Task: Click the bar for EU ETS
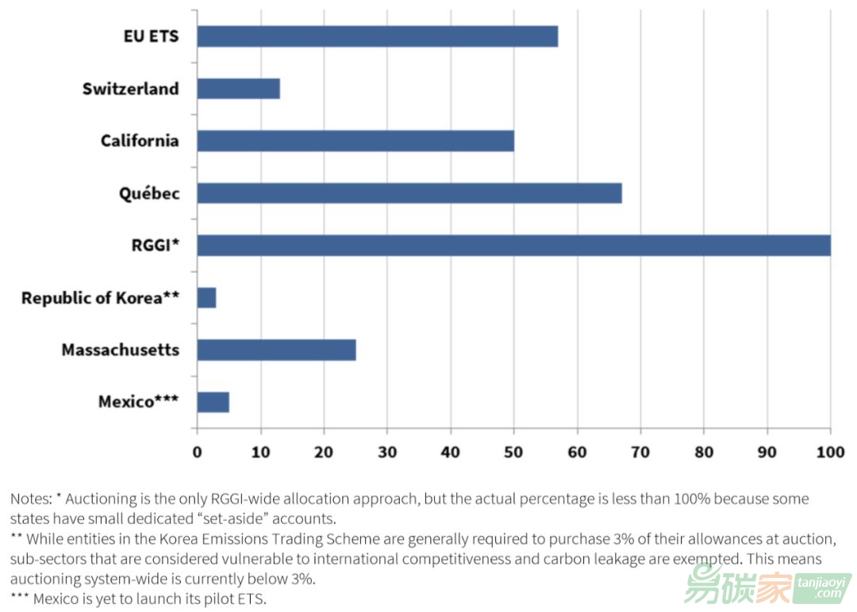(377, 36)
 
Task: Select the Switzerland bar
(238, 89)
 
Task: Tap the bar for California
(355, 141)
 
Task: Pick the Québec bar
(409, 193)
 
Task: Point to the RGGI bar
(513, 246)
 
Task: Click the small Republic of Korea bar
(206, 298)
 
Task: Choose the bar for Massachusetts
(276, 350)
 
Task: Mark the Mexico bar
(213, 402)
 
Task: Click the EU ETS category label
(151, 36)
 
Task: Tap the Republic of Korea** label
(100, 298)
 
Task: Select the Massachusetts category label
(120, 350)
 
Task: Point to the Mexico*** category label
(138, 402)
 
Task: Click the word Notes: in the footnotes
(31, 499)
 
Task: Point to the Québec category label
(148, 193)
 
